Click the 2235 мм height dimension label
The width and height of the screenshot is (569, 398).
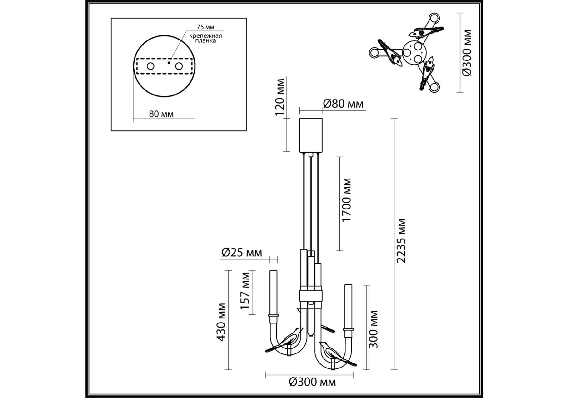coord(401,240)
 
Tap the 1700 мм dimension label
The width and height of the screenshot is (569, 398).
coord(347,200)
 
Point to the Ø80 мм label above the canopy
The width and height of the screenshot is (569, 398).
coord(343,104)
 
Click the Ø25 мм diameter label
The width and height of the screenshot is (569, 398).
coord(242,253)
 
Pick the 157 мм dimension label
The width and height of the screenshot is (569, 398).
coord(246,291)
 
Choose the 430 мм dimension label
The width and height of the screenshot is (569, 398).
coord(221,322)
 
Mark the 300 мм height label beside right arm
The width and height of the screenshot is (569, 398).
coord(373,329)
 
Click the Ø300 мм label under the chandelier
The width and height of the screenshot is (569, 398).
coord(312,382)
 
